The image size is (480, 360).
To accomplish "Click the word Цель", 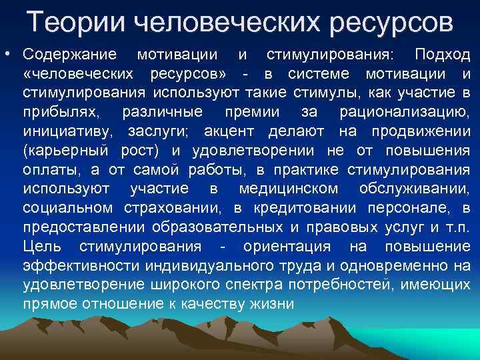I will [42, 247].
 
